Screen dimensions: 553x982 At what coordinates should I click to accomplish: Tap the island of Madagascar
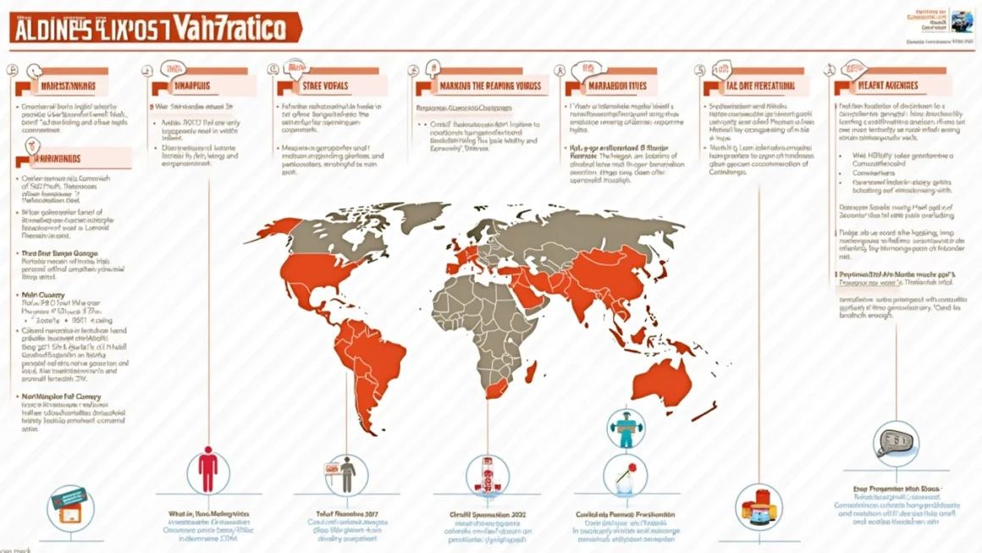click(531, 371)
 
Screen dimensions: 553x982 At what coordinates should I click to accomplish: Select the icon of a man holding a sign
click(347, 474)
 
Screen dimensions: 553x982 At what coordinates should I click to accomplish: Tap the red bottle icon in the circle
click(488, 474)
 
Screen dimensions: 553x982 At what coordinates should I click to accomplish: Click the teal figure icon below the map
click(626, 428)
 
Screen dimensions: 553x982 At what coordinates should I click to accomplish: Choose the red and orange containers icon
click(758, 506)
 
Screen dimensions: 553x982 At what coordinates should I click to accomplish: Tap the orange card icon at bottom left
click(70, 507)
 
